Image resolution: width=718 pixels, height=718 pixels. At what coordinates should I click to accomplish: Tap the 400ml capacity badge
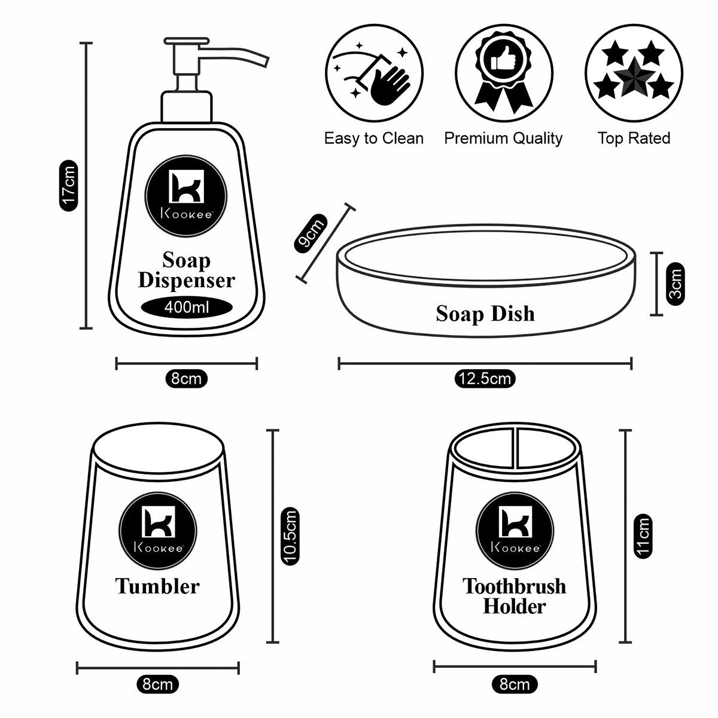tap(186, 308)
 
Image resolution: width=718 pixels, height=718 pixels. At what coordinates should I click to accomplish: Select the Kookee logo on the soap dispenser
tap(186, 194)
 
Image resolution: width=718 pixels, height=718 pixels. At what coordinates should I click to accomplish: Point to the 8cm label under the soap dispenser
tap(186, 379)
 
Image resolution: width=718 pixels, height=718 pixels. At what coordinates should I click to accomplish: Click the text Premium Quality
tap(503, 139)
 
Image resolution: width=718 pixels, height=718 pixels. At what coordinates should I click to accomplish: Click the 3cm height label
tap(676, 284)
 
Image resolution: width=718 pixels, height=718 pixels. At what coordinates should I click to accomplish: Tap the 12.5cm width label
tap(485, 379)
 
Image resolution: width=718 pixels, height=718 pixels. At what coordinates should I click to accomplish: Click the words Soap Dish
tap(485, 314)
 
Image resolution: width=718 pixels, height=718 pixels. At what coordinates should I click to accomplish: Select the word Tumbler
tap(157, 586)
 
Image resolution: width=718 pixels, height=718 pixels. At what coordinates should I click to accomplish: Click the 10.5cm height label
tap(290, 536)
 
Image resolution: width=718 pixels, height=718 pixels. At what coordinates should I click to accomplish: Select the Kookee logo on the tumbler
tap(157, 527)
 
